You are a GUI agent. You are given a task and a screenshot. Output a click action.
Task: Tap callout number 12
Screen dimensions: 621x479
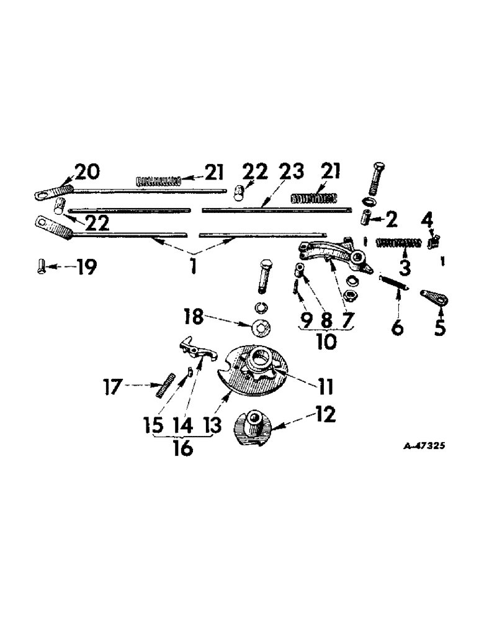tap(325, 414)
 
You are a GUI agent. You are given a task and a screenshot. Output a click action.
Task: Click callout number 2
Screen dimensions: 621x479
tap(390, 218)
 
